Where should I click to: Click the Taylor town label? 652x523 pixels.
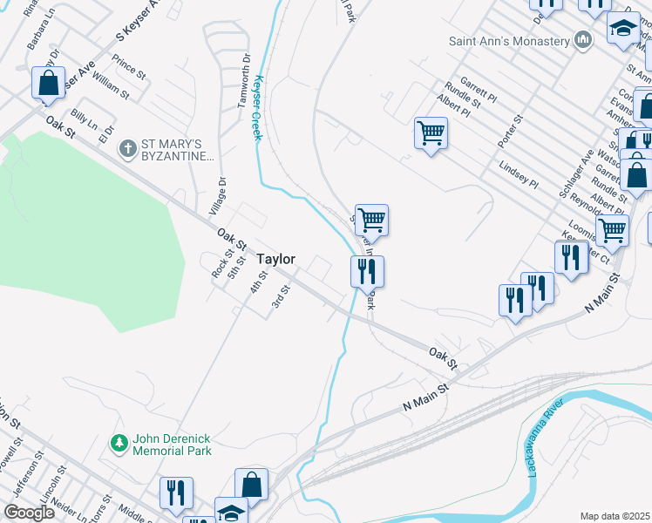point(276,259)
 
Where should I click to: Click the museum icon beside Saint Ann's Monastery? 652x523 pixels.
point(583,40)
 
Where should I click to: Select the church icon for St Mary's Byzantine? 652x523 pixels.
point(128,149)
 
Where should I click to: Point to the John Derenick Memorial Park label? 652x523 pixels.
point(172,445)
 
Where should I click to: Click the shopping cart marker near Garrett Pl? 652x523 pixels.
point(431,133)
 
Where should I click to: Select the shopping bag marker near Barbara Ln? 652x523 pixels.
point(49,84)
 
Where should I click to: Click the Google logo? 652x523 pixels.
point(29,513)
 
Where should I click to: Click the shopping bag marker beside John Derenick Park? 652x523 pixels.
point(251,486)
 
